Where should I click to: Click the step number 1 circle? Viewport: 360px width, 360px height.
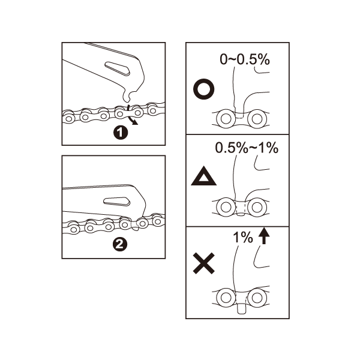tap(121, 133)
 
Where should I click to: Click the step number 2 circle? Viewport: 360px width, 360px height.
tap(119, 244)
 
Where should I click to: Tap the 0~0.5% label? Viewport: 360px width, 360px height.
tap(245, 59)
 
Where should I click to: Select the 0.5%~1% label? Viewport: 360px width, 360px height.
tap(247, 148)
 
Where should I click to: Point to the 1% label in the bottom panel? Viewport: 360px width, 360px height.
tap(243, 238)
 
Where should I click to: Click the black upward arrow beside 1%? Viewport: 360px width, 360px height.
tap(264, 236)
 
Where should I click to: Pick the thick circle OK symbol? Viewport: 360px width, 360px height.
tap(204, 89)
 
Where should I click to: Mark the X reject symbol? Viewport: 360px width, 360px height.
tap(203, 263)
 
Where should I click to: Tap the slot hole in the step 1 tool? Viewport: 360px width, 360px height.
tap(118, 68)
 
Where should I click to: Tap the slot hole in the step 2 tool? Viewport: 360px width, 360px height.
tap(116, 201)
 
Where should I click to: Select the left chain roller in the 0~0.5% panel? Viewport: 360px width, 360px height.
tap(226, 119)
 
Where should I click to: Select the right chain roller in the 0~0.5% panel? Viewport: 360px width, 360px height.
tap(257, 119)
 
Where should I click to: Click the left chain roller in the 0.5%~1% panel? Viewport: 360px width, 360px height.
tap(226, 207)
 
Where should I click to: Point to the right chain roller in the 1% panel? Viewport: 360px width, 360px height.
tap(257, 298)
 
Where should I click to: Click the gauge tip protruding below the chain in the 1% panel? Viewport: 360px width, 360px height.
tap(242, 308)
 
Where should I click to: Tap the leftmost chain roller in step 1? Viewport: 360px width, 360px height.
tap(68, 118)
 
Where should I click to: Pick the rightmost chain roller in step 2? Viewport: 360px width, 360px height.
tap(157, 221)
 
